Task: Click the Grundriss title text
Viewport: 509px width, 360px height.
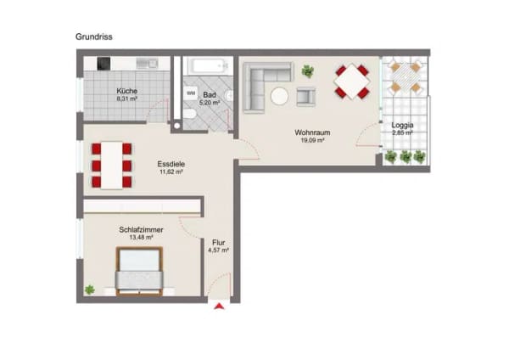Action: point(94,37)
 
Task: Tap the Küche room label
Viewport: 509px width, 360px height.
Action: point(127,91)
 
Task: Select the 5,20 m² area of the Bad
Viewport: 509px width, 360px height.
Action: point(210,103)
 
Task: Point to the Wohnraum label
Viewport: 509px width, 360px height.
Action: point(312,132)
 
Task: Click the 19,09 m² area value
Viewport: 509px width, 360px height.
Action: point(312,140)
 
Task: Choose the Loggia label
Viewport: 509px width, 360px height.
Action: point(402,125)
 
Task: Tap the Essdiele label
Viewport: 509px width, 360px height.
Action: point(171,164)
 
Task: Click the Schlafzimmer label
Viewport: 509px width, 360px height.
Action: point(141,230)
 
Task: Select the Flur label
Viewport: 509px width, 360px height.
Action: point(219,242)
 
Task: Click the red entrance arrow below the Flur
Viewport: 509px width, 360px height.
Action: point(219,306)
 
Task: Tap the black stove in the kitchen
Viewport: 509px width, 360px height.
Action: point(103,64)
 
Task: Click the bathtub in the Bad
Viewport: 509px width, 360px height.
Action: point(208,66)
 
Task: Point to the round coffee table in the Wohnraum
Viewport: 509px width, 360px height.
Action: point(279,97)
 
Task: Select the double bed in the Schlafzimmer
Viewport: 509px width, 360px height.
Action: point(140,272)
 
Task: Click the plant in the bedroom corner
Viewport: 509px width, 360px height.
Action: point(90,290)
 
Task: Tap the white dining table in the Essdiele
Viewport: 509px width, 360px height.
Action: point(112,166)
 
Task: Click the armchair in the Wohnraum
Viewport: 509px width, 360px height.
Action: point(305,97)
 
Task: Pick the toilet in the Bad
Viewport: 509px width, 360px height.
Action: point(189,115)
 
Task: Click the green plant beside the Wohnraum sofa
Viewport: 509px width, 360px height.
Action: point(308,71)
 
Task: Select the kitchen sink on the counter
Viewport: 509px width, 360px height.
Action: point(147,64)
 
